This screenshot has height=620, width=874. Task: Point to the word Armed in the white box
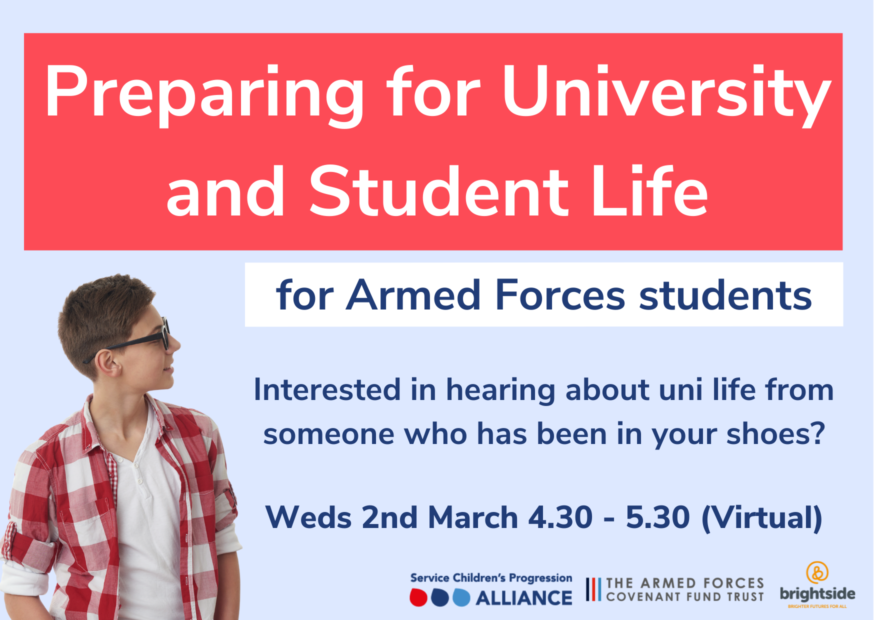tap(414, 295)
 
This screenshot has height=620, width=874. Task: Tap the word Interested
tap(327, 390)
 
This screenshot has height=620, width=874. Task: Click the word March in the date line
tap(473, 517)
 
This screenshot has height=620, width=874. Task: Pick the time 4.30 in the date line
tap(560, 517)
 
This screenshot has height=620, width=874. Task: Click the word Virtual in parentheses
tap(762, 518)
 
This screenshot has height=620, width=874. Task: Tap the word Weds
tap(309, 517)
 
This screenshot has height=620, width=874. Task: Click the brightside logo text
tap(817, 593)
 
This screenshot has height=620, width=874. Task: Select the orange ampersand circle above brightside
tap(817, 572)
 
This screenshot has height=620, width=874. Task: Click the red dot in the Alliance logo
tap(418, 597)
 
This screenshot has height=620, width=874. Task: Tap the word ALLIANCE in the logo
tap(524, 598)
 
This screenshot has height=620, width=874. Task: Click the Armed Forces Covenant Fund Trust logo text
tap(685, 590)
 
